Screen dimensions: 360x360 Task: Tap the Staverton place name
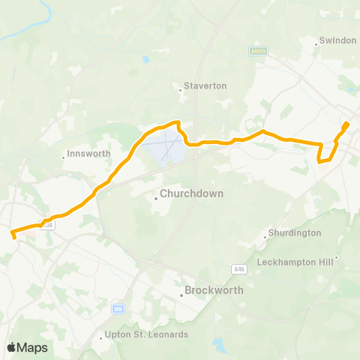tap(205, 86)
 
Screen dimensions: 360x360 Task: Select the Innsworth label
tap(88, 153)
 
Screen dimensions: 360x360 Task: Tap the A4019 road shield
tap(259, 50)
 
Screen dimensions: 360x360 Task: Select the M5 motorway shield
tap(118, 308)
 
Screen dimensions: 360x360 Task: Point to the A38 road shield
tap(49, 224)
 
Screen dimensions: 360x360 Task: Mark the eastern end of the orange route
tap(346, 124)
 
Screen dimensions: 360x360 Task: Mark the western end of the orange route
tap(14, 236)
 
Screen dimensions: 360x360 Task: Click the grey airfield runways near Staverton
tap(166, 144)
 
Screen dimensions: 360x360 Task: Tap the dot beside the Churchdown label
tap(155, 199)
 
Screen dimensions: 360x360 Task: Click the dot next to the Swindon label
tap(317, 44)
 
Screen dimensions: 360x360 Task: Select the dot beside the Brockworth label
tap(181, 295)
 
